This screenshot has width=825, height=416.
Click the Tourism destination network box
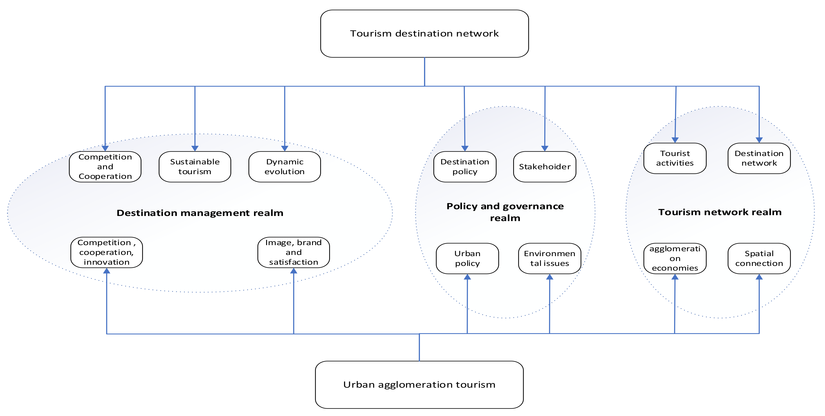tap(424, 34)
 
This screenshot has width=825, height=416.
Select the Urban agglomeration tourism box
tap(419, 385)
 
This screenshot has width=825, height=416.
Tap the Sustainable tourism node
tap(195, 167)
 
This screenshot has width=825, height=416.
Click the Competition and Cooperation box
tap(105, 167)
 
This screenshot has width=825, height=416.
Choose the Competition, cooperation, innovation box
tap(107, 252)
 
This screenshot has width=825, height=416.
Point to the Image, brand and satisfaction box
tap(294, 252)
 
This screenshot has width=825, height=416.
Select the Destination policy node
tap(465, 167)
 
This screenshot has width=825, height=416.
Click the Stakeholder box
tap(545, 167)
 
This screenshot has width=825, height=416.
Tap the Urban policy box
tap(467, 259)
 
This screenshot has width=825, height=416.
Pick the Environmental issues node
tap(550, 259)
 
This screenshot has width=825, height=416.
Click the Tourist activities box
tap(675, 158)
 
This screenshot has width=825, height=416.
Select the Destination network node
tap(759, 158)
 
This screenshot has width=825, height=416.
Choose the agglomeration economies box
tap(675, 259)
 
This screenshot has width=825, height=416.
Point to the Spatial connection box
tap(759, 259)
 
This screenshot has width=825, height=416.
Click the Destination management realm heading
tap(200, 213)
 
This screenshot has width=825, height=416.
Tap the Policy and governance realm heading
tap(505, 212)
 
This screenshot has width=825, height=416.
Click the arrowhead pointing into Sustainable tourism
tap(195, 148)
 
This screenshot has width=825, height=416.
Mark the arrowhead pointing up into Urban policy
tap(467, 277)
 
